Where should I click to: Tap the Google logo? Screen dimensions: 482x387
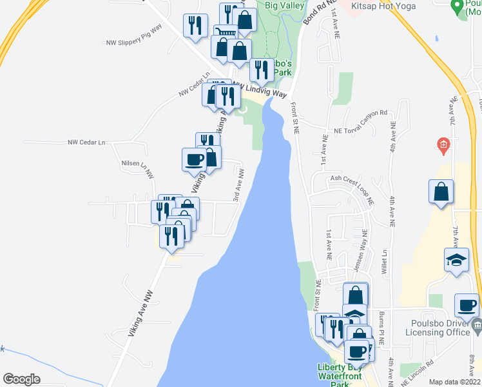pyautogui.click(x=21, y=379)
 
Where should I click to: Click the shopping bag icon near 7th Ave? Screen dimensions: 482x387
pyautogui.click(x=441, y=192)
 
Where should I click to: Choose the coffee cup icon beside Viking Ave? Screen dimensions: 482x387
pyautogui.click(x=194, y=159)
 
